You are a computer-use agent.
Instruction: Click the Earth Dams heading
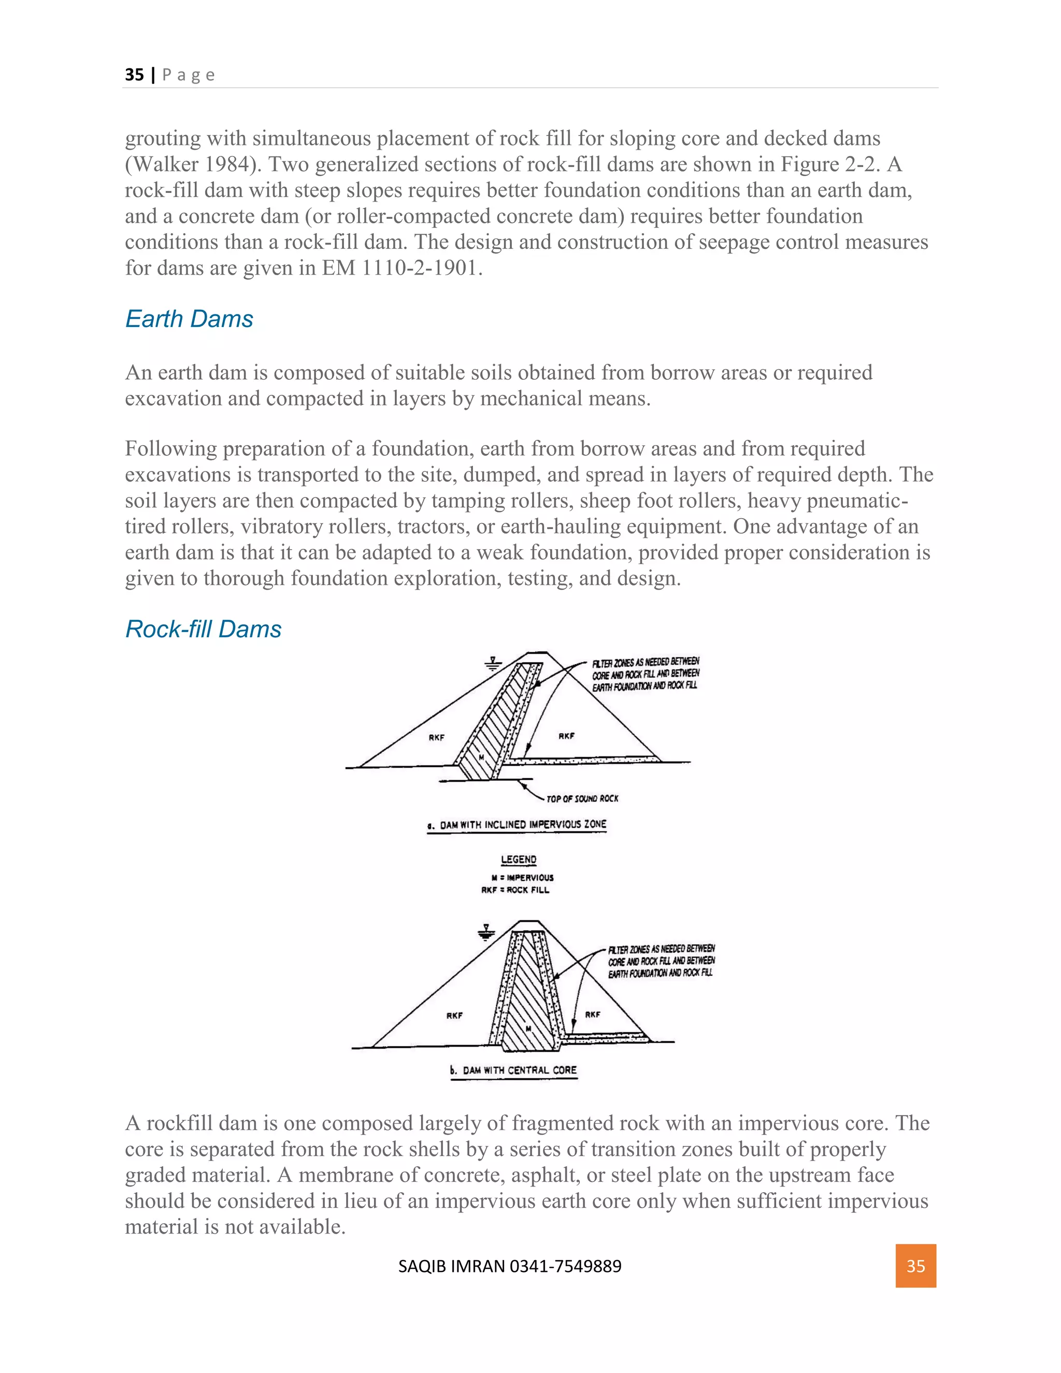(189, 319)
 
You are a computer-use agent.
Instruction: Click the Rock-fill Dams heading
(203, 630)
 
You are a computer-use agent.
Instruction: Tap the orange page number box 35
(915, 1266)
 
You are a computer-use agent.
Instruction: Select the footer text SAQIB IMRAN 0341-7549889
(509, 1266)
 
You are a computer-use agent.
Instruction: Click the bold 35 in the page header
(134, 75)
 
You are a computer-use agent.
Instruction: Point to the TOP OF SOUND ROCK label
(582, 798)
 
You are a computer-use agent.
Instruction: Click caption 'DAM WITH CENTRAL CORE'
(519, 1070)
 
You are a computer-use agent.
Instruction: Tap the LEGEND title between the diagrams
(519, 860)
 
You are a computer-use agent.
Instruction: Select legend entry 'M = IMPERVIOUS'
(522, 878)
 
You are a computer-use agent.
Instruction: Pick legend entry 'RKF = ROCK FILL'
(515, 890)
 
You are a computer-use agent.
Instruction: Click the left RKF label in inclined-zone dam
(436, 737)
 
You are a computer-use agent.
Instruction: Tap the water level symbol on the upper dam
(493, 663)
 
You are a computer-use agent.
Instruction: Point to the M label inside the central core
(528, 1028)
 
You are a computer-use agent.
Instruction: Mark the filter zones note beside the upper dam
(645, 674)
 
